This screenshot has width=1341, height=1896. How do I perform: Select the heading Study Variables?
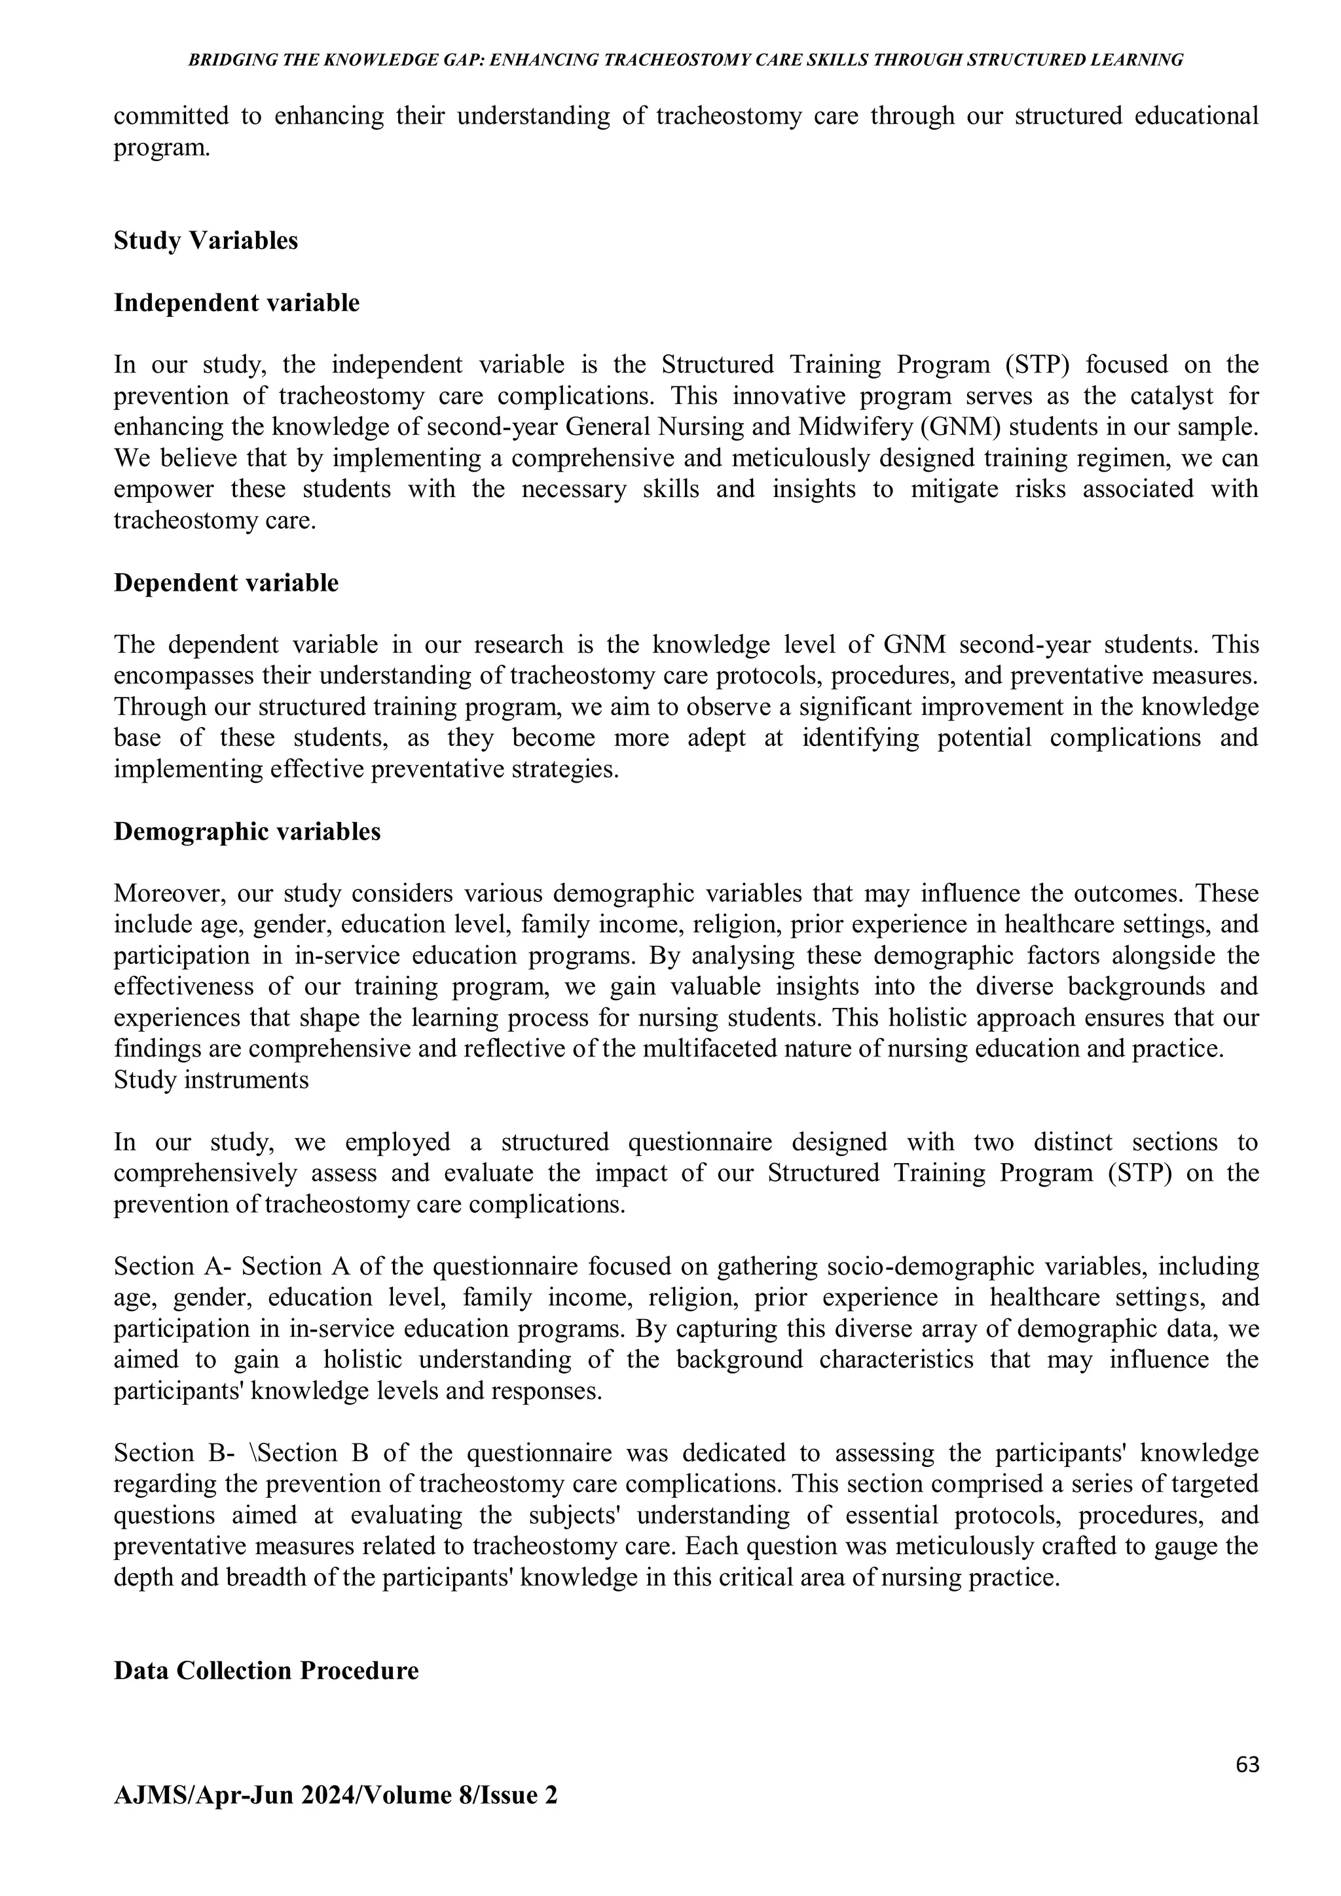(206, 241)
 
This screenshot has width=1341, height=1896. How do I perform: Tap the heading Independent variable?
(236, 303)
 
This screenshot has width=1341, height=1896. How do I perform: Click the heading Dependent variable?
(225, 583)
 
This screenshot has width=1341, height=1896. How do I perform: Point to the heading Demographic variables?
(247, 832)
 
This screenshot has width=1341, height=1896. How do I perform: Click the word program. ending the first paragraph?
(161, 149)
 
